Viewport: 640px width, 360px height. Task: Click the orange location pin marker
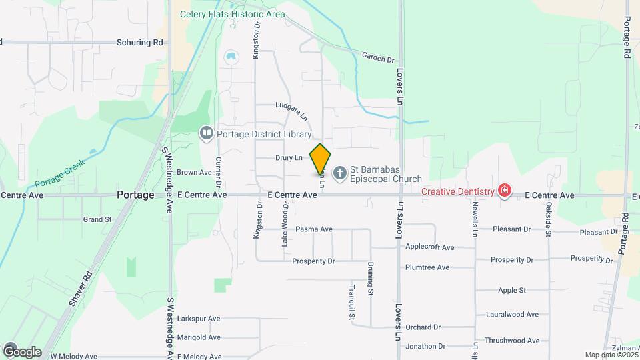pyautogui.click(x=321, y=159)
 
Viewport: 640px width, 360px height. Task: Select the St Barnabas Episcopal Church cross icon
pyautogui.click(x=339, y=174)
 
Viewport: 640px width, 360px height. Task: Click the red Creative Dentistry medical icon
pyautogui.click(x=505, y=191)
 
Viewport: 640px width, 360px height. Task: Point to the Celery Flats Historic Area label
pyautogui.click(x=232, y=14)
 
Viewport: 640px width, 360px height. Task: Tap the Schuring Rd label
pyautogui.click(x=140, y=42)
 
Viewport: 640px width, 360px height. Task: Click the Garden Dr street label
pyautogui.click(x=378, y=58)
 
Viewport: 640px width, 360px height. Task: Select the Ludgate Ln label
pyautogui.click(x=292, y=111)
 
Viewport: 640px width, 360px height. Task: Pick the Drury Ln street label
pyautogui.click(x=289, y=158)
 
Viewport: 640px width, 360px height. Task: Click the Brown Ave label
pyautogui.click(x=194, y=172)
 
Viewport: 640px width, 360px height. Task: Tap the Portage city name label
pyautogui.click(x=135, y=195)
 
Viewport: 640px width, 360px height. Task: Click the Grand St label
pyautogui.click(x=97, y=219)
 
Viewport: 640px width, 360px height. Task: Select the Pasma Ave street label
pyautogui.click(x=313, y=229)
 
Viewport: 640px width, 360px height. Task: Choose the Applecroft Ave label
pyautogui.click(x=429, y=247)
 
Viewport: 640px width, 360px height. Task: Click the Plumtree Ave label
pyautogui.click(x=427, y=267)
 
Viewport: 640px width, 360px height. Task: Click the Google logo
pyautogui.click(x=21, y=351)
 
